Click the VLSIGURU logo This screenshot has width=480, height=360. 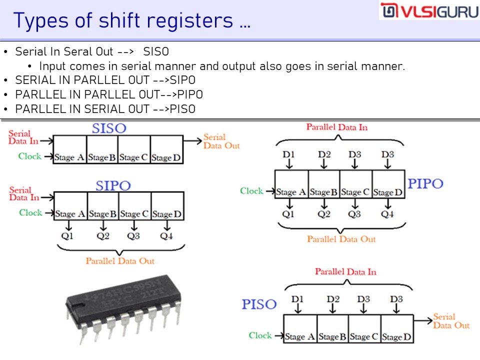click(x=428, y=10)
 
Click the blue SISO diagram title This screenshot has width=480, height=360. click(x=108, y=128)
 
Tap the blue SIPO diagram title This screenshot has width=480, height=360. click(x=113, y=185)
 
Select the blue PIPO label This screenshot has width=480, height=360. click(x=425, y=183)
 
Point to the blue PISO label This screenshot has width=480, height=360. click(x=259, y=304)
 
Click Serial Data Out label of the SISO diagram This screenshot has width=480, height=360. click(x=221, y=141)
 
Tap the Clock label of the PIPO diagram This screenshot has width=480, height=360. click(x=251, y=191)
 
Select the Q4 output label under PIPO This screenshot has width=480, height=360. click(x=387, y=214)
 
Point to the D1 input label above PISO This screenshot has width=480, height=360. click(x=297, y=299)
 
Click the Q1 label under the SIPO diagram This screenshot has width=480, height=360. click(x=67, y=235)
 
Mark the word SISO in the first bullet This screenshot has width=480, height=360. click(x=156, y=51)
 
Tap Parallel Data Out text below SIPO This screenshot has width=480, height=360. click(x=120, y=261)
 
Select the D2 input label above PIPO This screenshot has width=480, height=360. click(x=324, y=154)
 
